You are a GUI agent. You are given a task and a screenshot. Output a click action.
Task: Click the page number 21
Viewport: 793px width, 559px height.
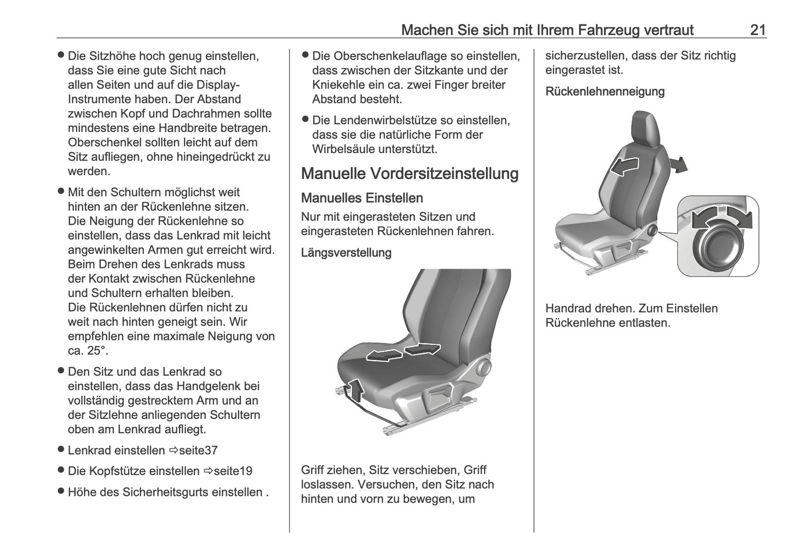757,30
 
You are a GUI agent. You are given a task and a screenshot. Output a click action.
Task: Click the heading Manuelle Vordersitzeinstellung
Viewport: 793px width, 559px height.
409,174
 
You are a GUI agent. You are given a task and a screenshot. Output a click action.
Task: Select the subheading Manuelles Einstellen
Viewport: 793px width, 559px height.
362,198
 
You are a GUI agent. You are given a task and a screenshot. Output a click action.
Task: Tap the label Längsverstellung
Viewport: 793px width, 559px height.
346,253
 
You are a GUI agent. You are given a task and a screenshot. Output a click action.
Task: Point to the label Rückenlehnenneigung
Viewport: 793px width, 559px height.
604,91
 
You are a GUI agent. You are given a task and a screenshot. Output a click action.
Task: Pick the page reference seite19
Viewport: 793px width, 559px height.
233,471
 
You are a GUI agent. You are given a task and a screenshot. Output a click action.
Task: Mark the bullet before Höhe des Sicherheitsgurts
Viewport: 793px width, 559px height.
61,491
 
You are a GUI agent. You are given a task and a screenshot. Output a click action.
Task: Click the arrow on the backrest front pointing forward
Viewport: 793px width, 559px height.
624,165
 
